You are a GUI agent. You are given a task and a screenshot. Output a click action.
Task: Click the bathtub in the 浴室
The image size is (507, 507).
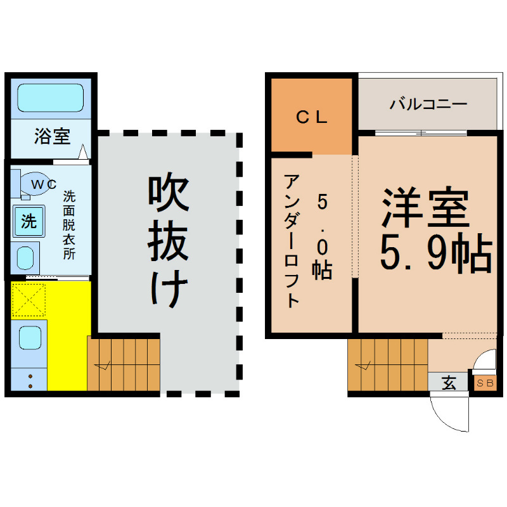point(51,98)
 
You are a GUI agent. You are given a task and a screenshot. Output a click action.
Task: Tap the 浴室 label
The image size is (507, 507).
point(53,136)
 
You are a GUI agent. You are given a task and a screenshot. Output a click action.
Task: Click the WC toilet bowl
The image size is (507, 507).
point(35,184)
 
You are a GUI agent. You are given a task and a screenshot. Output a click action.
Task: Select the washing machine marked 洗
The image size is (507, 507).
point(29,221)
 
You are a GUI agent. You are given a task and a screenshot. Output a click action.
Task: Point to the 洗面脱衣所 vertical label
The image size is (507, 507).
point(69,225)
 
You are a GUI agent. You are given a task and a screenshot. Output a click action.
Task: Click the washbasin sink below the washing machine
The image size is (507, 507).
point(25,258)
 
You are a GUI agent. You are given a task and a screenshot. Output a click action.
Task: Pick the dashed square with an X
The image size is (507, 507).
point(29,300)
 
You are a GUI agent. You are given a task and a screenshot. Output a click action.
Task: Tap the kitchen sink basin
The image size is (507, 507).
point(30,338)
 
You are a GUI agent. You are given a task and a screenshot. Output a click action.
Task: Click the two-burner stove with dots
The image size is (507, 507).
point(29,379)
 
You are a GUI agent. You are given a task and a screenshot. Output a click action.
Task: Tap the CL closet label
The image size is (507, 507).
point(312,117)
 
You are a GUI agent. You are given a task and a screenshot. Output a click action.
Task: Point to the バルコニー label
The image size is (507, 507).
point(428,104)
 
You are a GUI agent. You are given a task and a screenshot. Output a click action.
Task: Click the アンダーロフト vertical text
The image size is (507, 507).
point(292,241)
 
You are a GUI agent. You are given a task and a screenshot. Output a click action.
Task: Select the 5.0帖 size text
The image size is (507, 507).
point(323,236)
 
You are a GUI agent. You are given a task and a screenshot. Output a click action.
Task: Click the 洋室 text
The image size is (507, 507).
point(425,207)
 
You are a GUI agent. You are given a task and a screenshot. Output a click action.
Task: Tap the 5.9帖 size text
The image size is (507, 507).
point(436,253)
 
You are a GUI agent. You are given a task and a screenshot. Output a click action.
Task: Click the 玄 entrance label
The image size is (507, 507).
point(449,383)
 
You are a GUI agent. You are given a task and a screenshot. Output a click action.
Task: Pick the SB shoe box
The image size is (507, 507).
point(485,383)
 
